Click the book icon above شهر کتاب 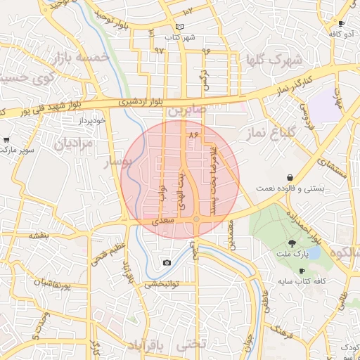tap(180, 26)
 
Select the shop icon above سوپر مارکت tap(6, 140)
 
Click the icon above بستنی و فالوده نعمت tap(290, 178)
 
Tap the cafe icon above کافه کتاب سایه tap(302, 271)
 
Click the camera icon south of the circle tap(167, 263)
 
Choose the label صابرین tap(187, 111)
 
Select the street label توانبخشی tap(163, 285)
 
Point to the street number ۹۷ tap(159, 51)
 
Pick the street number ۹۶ tap(206, 51)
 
